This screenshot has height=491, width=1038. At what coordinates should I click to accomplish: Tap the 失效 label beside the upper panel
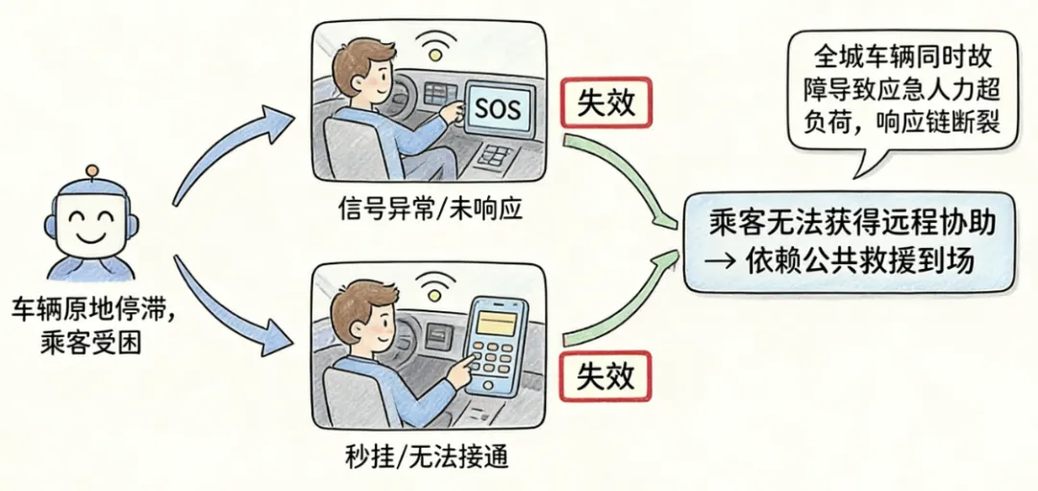point(605,103)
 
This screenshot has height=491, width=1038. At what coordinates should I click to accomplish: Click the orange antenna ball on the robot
point(92,172)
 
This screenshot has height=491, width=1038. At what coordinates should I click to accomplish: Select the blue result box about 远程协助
point(849,242)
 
